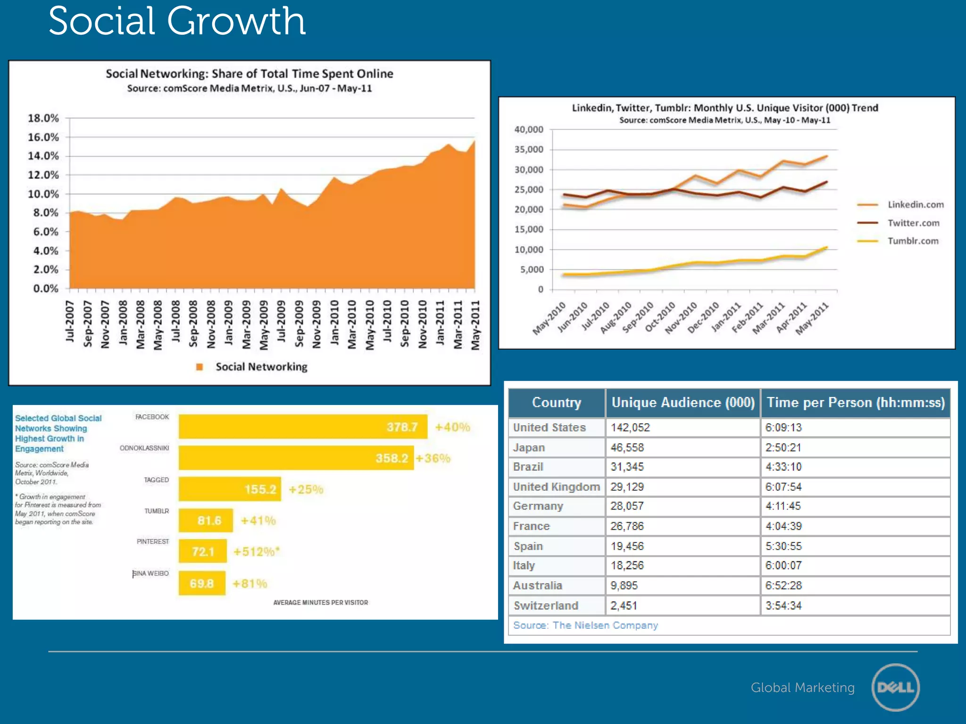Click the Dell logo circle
[895, 687]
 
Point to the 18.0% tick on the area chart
[43, 118]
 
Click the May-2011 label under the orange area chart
[475, 325]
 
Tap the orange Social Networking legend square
[200, 367]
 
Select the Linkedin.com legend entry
[915, 205]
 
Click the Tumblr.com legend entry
[913, 241]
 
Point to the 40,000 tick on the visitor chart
[529, 129]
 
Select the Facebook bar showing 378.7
[303, 427]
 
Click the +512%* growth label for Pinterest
[257, 551]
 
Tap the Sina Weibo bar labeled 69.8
[202, 583]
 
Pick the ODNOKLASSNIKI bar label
[144, 448]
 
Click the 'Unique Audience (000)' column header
[683, 403]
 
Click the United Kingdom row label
[556, 486]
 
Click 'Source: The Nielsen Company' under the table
[585, 625]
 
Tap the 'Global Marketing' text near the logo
[802, 688]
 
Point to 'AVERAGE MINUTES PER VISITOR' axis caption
[320, 602]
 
